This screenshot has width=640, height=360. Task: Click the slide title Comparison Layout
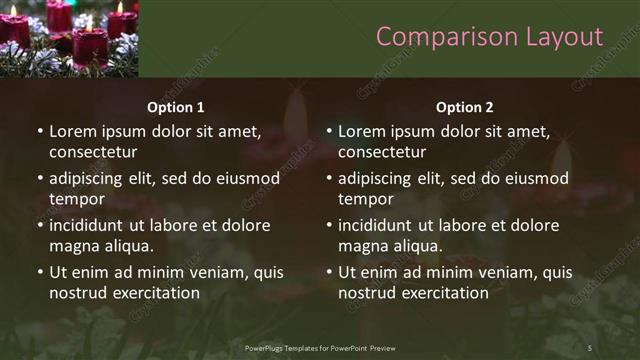489,37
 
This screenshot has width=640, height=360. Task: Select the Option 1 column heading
176,107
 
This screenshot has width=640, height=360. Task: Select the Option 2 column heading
465,107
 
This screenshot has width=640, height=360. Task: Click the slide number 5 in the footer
590,347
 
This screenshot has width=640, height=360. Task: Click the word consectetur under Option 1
93,152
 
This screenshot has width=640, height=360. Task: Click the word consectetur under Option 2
382,152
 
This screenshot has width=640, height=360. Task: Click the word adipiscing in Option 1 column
90,179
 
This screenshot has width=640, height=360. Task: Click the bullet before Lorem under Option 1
40,132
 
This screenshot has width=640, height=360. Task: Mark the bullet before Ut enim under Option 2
329,272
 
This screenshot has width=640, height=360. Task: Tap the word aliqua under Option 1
127,246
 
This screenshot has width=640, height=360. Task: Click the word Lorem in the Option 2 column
361,131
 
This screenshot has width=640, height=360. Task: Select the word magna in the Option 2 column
362,246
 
